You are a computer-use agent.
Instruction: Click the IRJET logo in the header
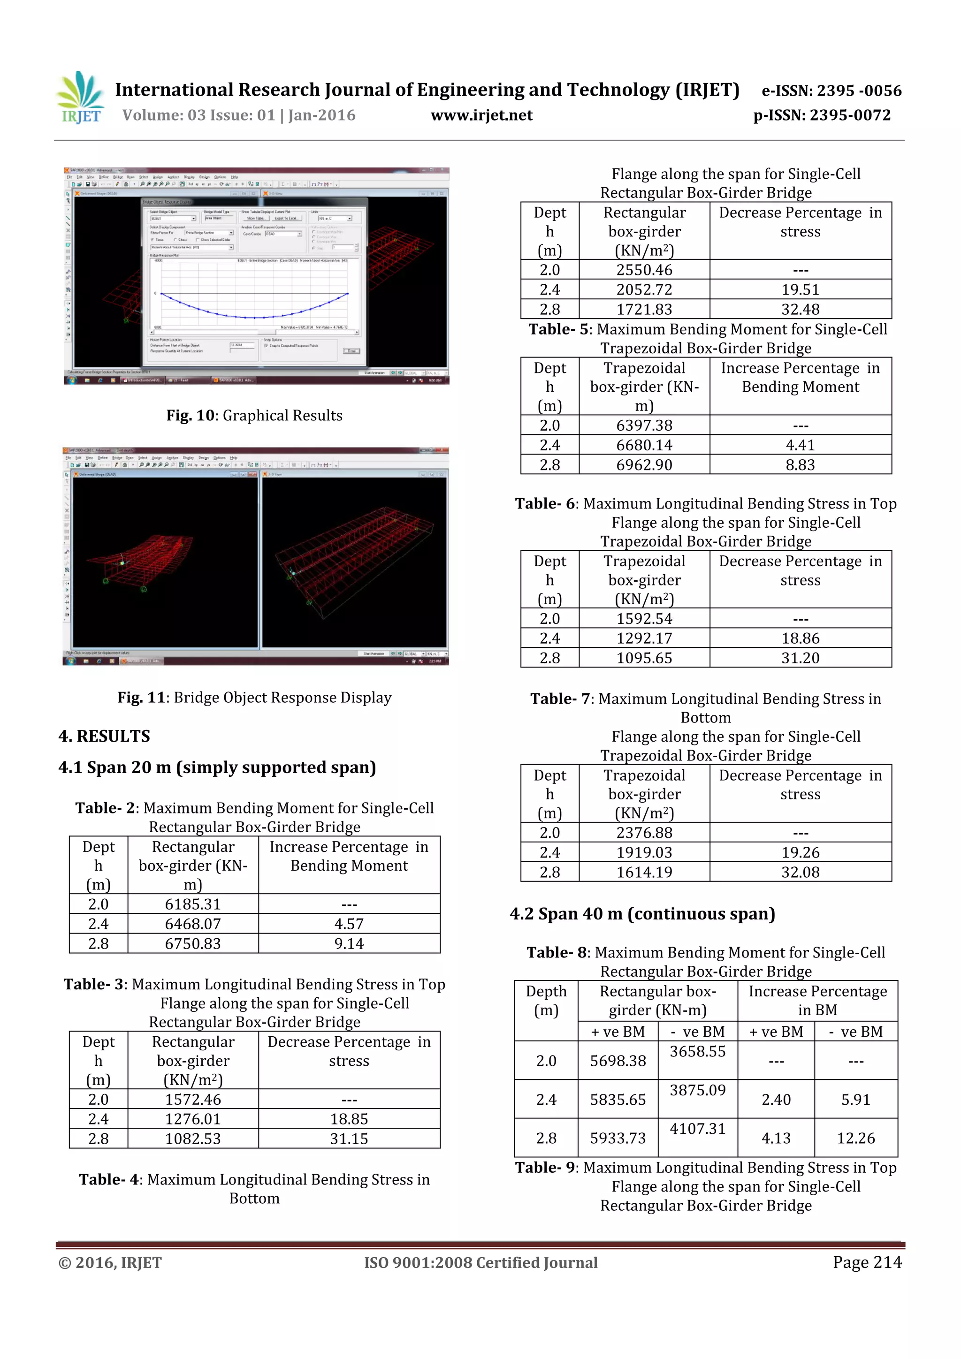pyautogui.click(x=81, y=98)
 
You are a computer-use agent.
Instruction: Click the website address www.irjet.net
pyautogui.click(x=481, y=115)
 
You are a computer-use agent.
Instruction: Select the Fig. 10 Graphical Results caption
pyautogui.click(x=254, y=416)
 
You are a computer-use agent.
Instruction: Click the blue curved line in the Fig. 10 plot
pyautogui.click(x=255, y=314)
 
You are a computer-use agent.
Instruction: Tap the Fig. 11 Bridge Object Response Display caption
pyautogui.click(x=254, y=697)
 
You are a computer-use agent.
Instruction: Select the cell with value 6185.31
pyautogui.click(x=192, y=904)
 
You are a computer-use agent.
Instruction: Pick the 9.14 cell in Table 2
pyautogui.click(x=349, y=943)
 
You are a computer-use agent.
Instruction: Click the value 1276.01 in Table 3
pyautogui.click(x=192, y=1119)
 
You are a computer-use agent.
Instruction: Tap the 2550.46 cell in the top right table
pyautogui.click(x=644, y=270)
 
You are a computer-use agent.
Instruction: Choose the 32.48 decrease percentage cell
pyautogui.click(x=800, y=309)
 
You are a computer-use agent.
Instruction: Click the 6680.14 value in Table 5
pyautogui.click(x=644, y=445)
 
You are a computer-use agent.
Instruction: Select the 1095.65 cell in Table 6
pyautogui.click(x=644, y=658)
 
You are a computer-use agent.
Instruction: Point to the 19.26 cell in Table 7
pyautogui.click(x=800, y=852)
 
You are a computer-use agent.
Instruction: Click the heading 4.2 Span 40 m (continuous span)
pyautogui.click(x=642, y=914)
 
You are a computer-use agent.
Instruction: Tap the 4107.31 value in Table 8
pyautogui.click(x=697, y=1129)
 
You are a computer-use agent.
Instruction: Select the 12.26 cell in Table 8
pyautogui.click(x=855, y=1138)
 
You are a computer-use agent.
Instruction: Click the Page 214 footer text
pyautogui.click(x=867, y=1262)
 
